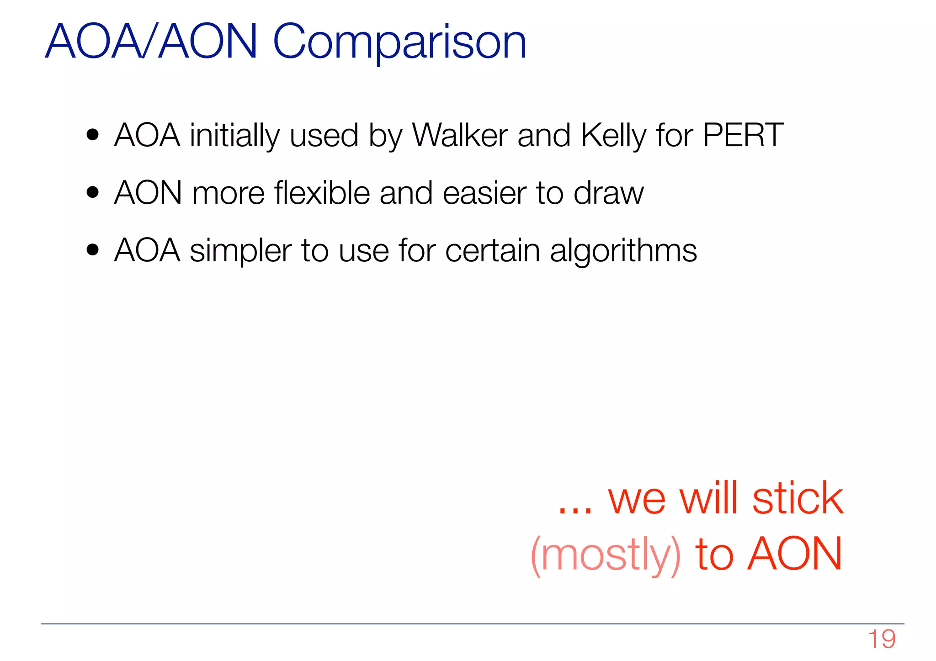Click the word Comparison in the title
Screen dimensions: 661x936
[x=399, y=42]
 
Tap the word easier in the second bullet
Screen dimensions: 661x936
[x=484, y=193]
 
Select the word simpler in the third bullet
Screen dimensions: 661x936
[x=240, y=251]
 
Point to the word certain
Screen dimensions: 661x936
[x=492, y=251]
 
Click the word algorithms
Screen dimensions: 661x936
[x=623, y=251]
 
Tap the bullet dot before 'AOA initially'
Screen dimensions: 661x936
[x=93, y=136]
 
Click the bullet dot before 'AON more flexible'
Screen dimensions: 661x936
[x=93, y=193]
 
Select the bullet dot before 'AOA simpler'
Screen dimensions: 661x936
[x=93, y=250]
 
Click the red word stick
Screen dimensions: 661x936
[x=798, y=498]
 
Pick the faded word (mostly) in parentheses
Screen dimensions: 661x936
[x=606, y=555]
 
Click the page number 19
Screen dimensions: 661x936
[x=882, y=639]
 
